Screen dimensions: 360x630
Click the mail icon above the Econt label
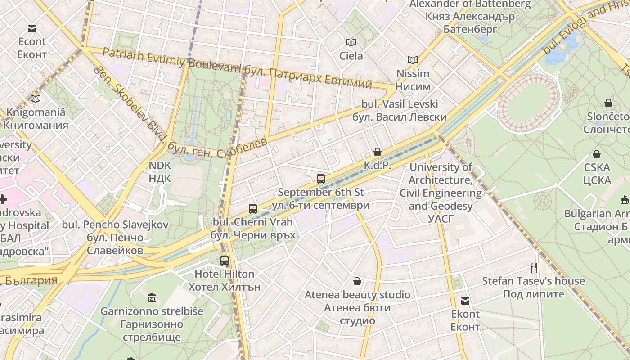point(31,29)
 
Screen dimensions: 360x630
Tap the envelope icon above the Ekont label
point(465,301)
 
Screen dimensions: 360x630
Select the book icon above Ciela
point(351,43)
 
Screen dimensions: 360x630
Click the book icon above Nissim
point(412,60)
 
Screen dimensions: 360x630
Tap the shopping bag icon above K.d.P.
point(378,153)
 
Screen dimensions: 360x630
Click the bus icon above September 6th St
point(320,179)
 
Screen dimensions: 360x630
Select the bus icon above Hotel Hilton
point(224,261)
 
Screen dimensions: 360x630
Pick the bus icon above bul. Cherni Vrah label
point(253,209)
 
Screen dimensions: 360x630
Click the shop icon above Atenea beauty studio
point(357,282)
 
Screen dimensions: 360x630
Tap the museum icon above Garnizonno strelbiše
point(152,298)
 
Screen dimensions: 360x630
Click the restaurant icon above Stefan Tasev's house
point(534,268)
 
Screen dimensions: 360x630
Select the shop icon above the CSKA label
point(597,154)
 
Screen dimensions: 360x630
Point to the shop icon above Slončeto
point(608,103)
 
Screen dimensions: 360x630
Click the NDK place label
point(160,172)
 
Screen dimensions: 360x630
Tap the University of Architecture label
point(441,186)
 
